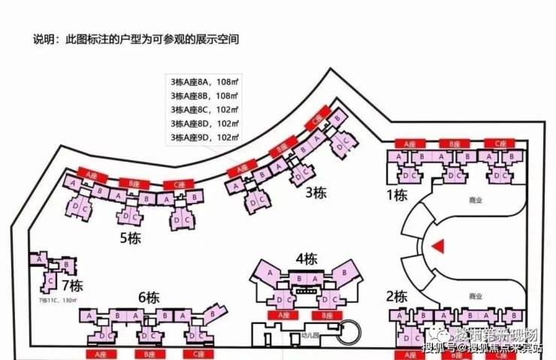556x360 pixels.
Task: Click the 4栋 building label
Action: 306,259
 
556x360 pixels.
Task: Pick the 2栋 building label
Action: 396,295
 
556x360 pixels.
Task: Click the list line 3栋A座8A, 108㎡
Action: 204,81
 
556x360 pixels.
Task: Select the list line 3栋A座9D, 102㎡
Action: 204,138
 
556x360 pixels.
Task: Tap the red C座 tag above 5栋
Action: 177,185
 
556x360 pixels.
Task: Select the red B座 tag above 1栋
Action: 455,143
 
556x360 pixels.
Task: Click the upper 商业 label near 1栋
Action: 474,201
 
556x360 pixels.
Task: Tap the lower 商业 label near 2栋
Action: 474,295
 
